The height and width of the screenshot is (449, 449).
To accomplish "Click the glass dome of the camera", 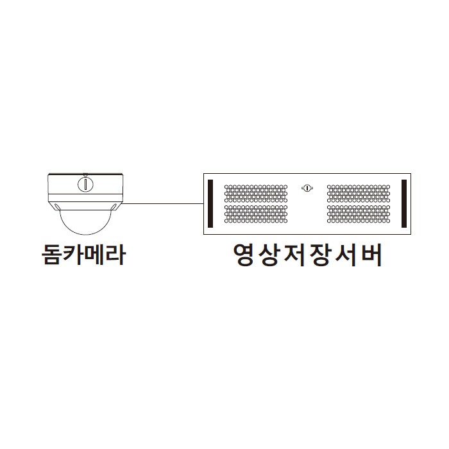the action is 85,226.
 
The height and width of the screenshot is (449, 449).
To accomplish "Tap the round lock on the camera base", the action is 85,184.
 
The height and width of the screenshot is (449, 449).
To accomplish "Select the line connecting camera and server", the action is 163,204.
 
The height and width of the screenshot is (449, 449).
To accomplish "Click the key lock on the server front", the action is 307,188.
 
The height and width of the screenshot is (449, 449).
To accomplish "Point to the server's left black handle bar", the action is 210,203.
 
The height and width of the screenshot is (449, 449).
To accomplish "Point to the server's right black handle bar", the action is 404,203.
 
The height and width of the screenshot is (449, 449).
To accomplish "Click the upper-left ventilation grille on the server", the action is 256,194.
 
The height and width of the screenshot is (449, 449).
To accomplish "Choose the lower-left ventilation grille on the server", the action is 256,214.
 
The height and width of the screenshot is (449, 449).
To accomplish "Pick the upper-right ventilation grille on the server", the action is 359,194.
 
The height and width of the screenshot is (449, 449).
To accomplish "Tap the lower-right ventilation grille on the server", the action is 359,214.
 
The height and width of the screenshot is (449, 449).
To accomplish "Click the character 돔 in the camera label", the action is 52,254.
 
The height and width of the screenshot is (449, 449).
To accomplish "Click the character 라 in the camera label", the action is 115,254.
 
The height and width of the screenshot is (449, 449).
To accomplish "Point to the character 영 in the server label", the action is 243,255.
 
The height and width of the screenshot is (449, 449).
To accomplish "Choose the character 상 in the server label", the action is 268,255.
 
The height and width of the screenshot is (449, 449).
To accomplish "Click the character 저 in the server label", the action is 294,255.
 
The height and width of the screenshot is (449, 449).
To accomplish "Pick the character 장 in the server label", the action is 320,255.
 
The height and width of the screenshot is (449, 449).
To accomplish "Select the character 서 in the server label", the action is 345,255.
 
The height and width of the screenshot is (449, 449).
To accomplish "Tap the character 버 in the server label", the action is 371,255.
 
